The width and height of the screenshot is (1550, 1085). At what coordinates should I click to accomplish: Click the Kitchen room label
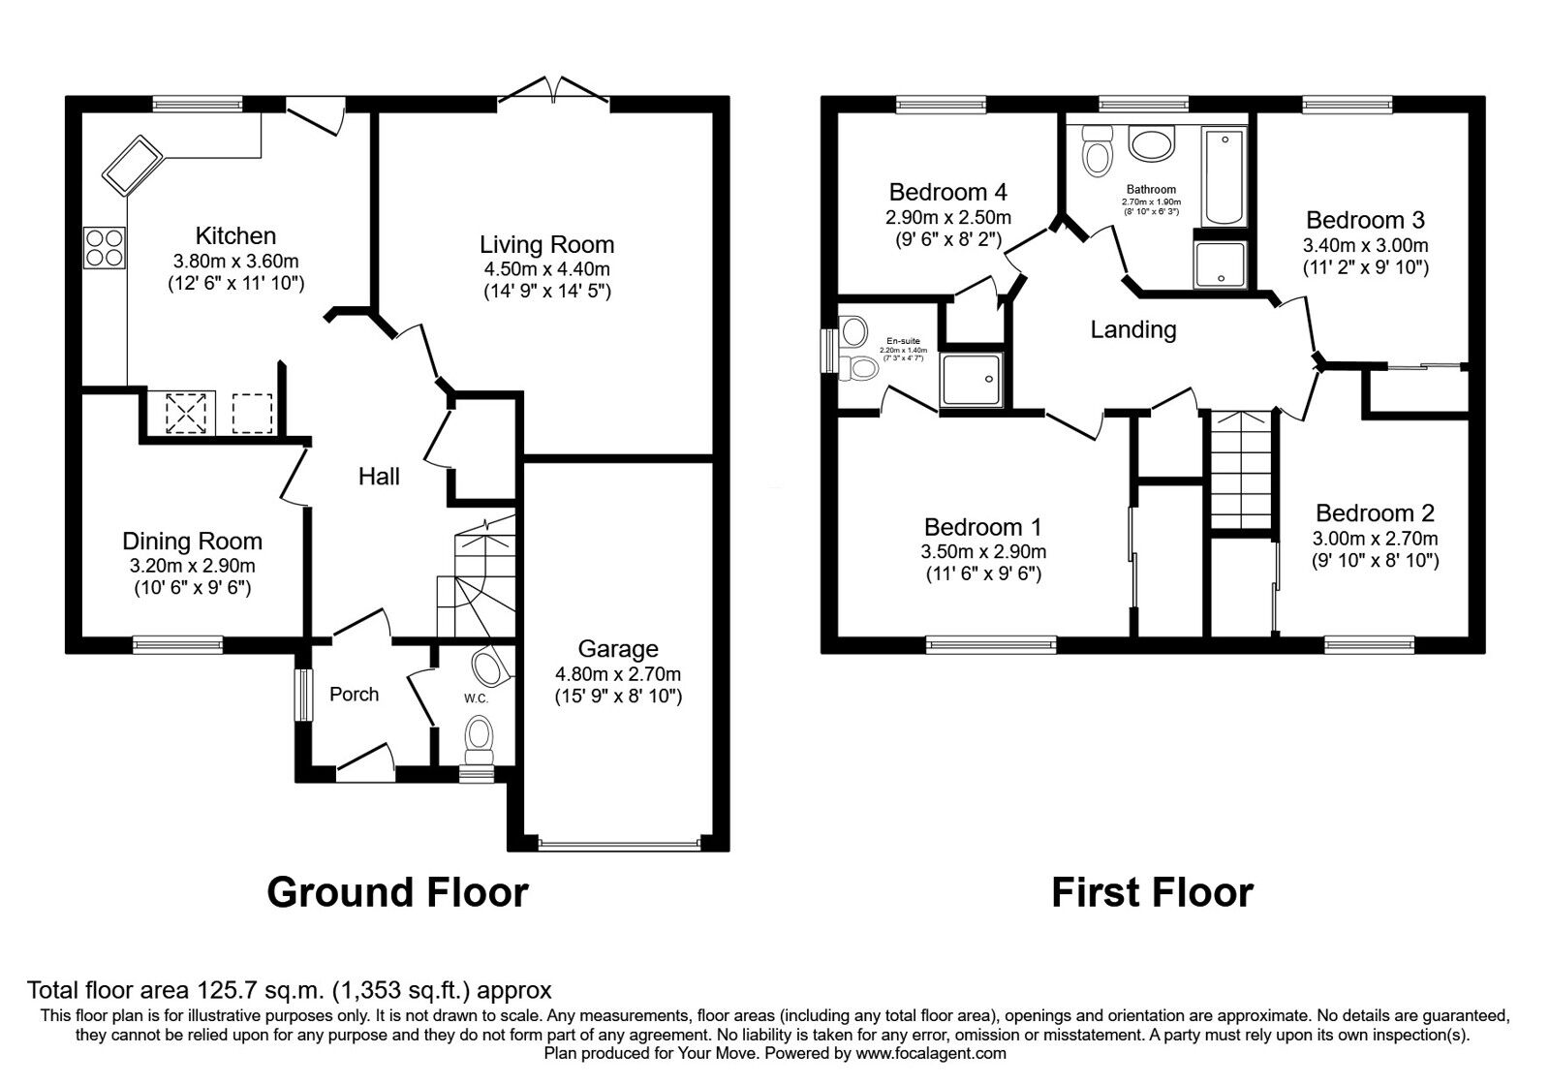235,235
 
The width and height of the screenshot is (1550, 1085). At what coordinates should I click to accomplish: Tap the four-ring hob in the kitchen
105,246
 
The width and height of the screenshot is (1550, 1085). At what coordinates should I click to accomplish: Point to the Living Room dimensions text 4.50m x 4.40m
546,268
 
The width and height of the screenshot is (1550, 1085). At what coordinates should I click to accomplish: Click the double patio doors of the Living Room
553,95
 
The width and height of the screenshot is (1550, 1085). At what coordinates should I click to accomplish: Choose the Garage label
617,649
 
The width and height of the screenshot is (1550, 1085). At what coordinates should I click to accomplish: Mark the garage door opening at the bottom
619,845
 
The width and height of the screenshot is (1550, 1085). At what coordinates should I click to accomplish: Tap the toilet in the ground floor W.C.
480,741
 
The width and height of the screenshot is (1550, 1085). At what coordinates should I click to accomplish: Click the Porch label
354,694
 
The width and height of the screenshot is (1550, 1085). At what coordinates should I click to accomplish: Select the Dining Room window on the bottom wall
177,639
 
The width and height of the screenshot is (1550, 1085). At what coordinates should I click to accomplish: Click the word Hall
379,476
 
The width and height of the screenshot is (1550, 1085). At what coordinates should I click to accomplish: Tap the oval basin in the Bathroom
1151,145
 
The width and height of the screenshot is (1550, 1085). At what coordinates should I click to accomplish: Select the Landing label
1132,329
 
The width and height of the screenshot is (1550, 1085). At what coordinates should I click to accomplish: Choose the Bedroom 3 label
1364,220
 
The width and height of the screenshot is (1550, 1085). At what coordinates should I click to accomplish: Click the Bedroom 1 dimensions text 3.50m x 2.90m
982,551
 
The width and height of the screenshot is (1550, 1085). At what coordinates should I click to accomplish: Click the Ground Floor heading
397,892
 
